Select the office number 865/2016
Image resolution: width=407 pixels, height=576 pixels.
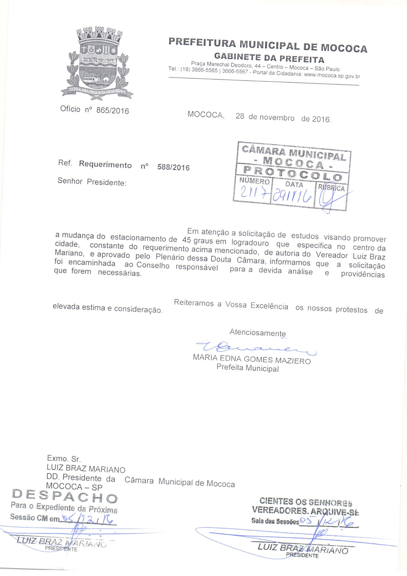pyautogui.click(x=113, y=110)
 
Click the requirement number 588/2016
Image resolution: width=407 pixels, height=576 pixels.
pyautogui.click(x=173, y=167)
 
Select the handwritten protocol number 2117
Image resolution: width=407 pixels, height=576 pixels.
pyautogui.click(x=251, y=195)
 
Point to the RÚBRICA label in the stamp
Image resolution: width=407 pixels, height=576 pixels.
pyautogui.click(x=331, y=187)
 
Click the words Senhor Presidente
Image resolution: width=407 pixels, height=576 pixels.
pyautogui.click(x=92, y=182)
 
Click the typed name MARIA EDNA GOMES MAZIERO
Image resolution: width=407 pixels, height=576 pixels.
pyautogui.click(x=252, y=359)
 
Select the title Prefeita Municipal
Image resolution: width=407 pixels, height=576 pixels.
pyautogui.click(x=247, y=368)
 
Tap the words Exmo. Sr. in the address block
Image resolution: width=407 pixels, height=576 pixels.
pyautogui.click(x=64, y=459)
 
